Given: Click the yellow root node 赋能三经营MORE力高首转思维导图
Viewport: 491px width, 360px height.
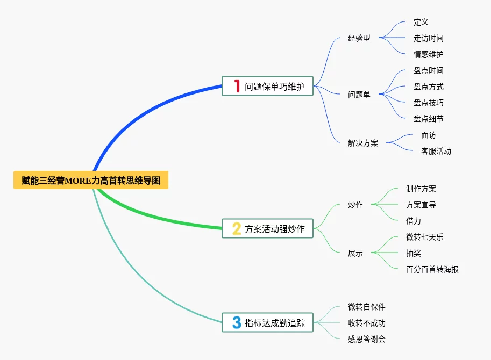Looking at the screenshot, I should (x=91, y=181).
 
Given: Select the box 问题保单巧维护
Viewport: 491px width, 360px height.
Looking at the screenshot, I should (x=267, y=86).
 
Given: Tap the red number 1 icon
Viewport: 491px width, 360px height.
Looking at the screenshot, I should (x=237, y=86).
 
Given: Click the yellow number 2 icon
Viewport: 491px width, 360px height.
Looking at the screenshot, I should (x=237, y=229).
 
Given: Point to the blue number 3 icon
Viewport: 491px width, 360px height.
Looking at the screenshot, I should (x=237, y=322).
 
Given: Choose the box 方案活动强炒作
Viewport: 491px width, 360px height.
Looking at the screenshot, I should (x=267, y=229).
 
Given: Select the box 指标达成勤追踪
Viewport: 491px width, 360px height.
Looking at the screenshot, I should (x=267, y=322).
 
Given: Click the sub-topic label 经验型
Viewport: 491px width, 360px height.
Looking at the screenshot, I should (x=359, y=38).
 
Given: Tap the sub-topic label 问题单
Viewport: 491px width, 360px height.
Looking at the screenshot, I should (x=359, y=95).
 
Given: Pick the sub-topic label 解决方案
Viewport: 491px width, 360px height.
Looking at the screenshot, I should (x=363, y=143).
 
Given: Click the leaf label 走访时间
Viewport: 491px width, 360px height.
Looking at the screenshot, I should (x=429, y=38).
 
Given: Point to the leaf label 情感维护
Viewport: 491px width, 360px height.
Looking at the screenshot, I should (x=429, y=54).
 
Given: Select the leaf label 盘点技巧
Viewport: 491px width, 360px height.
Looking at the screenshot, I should (x=429, y=103).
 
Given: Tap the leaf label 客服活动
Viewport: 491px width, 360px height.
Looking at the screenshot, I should (x=436, y=151).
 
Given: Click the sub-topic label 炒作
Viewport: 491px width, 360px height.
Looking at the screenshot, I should (x=355, y=205).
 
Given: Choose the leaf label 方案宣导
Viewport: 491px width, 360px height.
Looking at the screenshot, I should (x=421, y=205).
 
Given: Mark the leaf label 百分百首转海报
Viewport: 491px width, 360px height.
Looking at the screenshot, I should (x=432, y=269).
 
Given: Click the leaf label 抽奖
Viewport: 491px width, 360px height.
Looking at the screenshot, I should (x=414, y=253).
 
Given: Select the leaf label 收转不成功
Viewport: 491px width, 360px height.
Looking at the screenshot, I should (x=367, y=323).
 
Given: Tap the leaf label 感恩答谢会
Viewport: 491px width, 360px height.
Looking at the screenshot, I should (x=367, y=339).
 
